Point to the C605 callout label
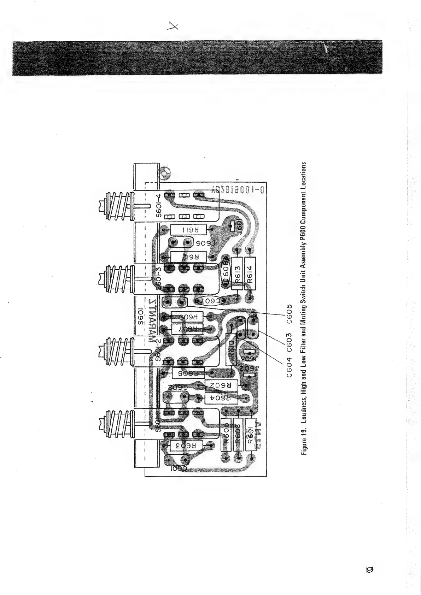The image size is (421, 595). pos(289,314)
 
